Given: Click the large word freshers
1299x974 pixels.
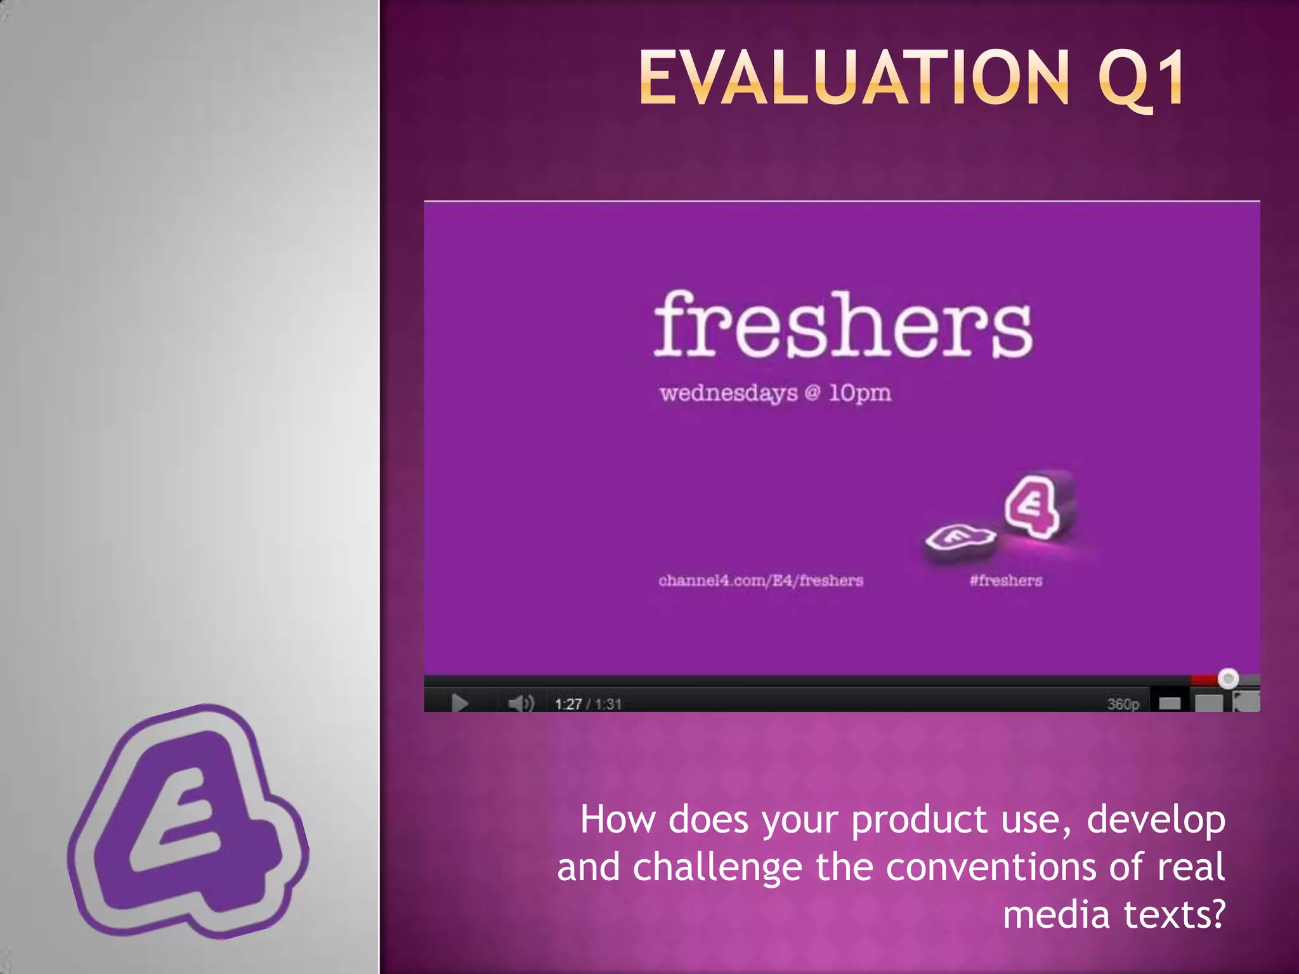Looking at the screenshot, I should (x=844, y=325).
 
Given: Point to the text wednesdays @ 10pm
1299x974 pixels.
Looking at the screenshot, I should (x=775, y=393).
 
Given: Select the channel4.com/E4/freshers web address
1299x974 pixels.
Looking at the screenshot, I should (x=760, y=580).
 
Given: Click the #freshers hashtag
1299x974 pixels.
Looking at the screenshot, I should (x=1005, y=580).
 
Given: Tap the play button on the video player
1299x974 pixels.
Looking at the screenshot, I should (x=460, y=703).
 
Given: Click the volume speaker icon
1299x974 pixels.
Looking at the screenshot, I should (x=520, y=703).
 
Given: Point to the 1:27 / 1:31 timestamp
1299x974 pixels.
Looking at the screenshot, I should (x=588, y=704).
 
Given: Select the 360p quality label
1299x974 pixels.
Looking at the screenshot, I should (x=1123, y=704).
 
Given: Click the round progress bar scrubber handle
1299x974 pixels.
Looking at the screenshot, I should (x=1229, y=679).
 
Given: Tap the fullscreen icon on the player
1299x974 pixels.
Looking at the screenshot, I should (x=1246, y=702).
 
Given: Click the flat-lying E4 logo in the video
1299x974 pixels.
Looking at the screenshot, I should (x=959, y=538).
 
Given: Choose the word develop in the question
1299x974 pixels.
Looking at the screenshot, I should (x=1156, y=819).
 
